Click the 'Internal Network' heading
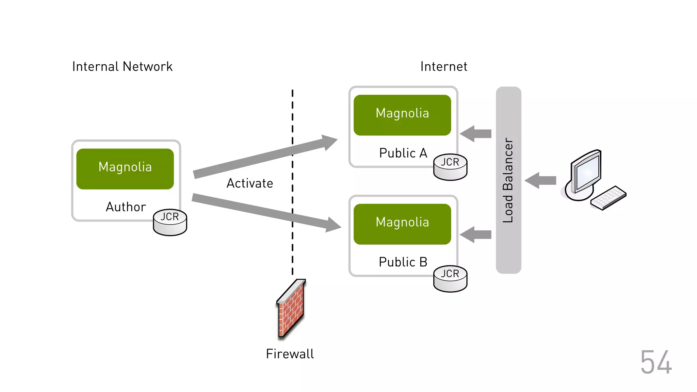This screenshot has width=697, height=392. (x=122, y=67)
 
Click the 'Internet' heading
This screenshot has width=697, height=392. (x=443, y=67)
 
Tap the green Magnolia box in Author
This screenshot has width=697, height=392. (x=125, y=169)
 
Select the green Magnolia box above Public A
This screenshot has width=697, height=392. (x=402, y=115)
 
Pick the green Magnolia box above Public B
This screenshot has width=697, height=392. (x=402, y=224)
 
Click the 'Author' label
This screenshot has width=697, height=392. (x=126, y=207)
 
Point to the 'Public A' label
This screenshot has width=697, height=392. (x=403, y=153)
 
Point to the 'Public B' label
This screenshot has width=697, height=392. (x=403, y=262)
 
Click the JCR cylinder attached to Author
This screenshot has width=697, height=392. (x=170, y=223)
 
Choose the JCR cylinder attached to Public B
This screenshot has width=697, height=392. (x=450, y=279)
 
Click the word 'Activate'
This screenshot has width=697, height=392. (x=250, y=183)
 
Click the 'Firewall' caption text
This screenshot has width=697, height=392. (x=290, y=354)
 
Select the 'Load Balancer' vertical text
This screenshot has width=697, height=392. (x=508, y=180)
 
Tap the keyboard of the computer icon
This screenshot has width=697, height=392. (x=609, y=198)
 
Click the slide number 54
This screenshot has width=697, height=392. (x=656, y=362)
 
